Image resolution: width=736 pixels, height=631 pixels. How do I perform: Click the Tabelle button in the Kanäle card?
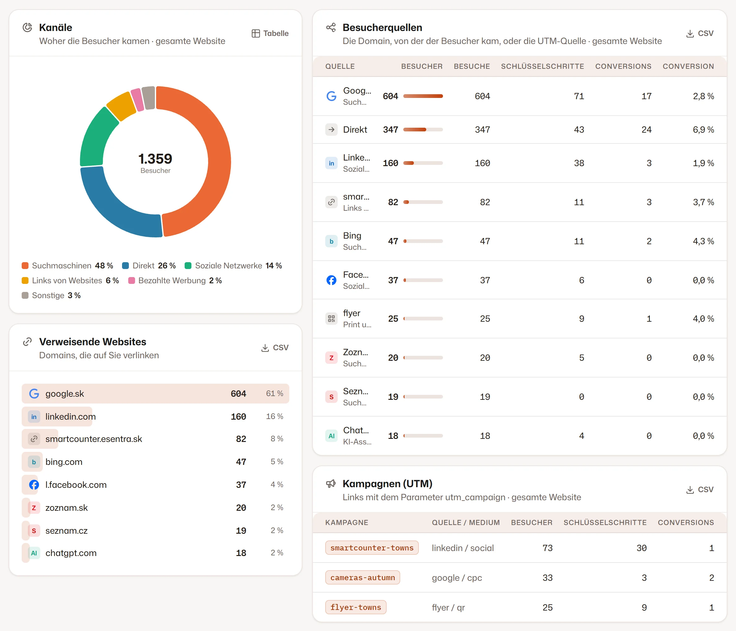point(270,33)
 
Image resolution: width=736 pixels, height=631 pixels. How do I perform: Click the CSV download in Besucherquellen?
point(699,33)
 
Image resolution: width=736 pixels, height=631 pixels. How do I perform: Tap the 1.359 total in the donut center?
point(155,159)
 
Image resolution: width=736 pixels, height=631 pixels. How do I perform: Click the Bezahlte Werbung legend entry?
point(175,281)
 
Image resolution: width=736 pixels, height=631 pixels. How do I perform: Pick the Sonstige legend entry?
point(51,296)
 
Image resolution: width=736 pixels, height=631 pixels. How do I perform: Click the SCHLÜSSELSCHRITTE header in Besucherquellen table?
point(542,66)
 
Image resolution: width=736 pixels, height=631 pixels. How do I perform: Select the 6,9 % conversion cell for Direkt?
point(703,130)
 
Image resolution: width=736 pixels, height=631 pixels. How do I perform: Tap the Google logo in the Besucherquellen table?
point(331,96)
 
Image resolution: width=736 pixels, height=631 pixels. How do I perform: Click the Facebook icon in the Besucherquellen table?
point(331,280)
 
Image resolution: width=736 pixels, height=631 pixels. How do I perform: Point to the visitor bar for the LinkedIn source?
point(423,163)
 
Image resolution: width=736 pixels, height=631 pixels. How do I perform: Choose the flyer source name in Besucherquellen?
point(352,313)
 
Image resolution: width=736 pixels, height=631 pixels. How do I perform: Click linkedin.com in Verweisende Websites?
point(71,417)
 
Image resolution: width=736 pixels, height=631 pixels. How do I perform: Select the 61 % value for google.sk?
point(274,393)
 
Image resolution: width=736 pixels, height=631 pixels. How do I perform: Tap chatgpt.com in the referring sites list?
point(71,553)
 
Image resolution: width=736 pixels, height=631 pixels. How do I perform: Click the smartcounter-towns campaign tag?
point(372,548)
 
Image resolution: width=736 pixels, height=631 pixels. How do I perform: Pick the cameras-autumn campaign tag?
point(363,578)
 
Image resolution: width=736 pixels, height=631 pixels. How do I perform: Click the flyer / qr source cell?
point(448,607)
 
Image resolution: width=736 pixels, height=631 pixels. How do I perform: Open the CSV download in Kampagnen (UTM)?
point(699,490)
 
